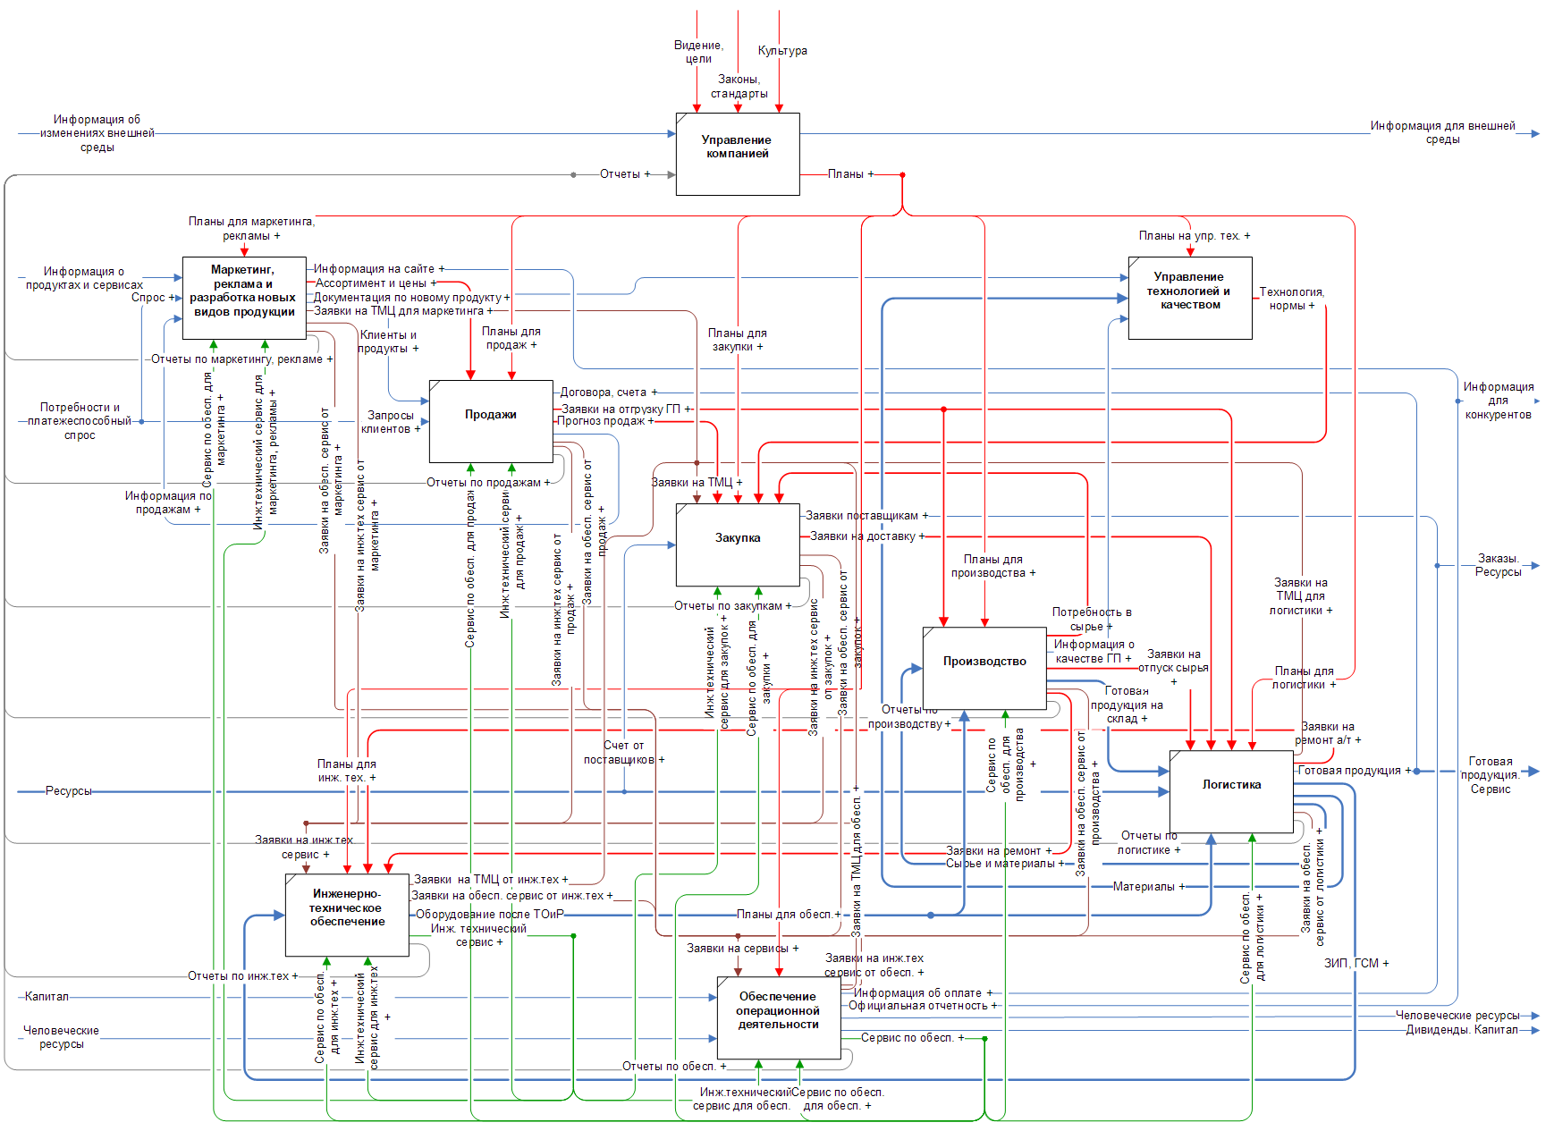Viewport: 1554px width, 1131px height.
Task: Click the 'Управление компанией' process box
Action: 738,154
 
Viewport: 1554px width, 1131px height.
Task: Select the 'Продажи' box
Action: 491,421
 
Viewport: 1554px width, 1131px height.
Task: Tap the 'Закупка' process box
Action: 738,544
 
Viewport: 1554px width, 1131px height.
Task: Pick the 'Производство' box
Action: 984,668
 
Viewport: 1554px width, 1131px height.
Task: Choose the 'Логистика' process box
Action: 1231,791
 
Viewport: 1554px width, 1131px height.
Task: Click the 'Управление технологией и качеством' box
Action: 1190,298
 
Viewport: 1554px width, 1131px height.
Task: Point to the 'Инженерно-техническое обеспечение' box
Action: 347,915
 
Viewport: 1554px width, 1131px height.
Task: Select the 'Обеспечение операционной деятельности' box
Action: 779,1017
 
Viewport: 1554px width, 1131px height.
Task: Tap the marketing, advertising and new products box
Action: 244,298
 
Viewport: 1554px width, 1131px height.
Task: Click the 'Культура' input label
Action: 782,51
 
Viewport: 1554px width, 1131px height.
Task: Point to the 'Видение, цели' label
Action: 698,52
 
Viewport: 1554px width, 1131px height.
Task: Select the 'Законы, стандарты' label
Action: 739,87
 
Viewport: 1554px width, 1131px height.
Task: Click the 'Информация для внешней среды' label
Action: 1442,132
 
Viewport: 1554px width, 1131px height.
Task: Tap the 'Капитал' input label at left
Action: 46,996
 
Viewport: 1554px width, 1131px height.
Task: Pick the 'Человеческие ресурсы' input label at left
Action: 61,1037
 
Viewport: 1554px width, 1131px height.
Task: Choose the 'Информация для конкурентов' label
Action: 1498,401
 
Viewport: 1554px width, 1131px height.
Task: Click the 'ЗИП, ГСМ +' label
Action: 1356,963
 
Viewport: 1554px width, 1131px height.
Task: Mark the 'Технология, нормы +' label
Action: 1291,299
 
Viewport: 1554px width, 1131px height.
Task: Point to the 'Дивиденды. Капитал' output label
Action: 1462,1030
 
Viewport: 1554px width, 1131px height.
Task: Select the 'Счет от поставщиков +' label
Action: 623,753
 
